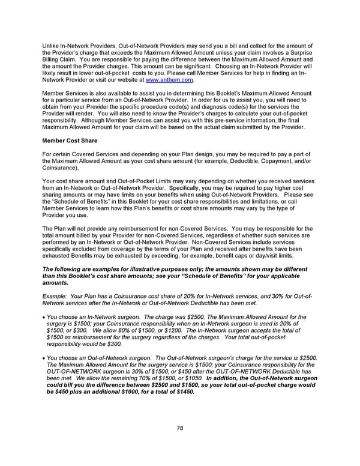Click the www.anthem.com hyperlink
coord(169,79)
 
